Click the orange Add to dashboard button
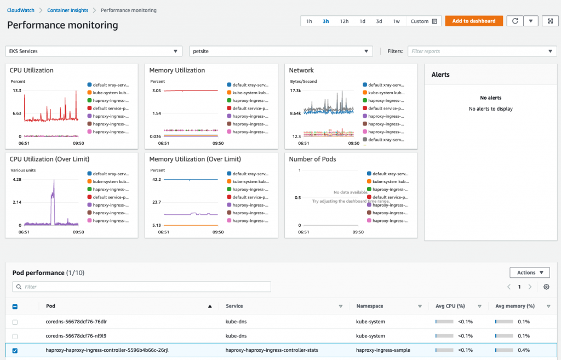pos(474,21)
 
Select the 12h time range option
pos(344,21)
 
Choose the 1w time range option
pos(396,21)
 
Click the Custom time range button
pos(424,21)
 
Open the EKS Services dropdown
pos(93,51)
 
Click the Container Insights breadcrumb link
pos(69,10)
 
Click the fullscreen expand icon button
pos(550,21)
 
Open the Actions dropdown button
pos(529,272)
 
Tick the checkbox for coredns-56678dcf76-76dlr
pos(15,322)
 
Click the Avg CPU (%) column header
pos(450,306)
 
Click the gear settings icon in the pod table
pos(546,287)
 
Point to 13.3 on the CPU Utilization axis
pos(17,91)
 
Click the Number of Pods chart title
pos(312,159)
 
